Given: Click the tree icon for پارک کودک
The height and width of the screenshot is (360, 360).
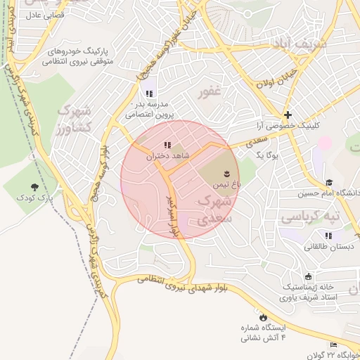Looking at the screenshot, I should [34, 186].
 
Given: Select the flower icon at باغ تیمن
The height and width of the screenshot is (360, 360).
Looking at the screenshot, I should [227, 172].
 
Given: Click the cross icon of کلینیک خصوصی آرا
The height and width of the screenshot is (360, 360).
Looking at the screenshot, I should [288, 115].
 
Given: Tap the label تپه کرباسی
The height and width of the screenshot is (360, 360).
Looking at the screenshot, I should [310, 218].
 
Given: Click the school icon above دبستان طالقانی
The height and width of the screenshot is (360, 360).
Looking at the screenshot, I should [328, 236].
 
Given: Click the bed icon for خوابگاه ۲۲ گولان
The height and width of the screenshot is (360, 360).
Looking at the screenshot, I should [333, 344].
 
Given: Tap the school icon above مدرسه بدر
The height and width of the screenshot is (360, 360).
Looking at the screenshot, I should [148, 93].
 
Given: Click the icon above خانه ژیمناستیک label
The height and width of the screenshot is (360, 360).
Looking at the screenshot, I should [308, 276].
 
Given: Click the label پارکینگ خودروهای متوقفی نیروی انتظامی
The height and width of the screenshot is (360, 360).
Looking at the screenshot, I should [77, 56].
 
